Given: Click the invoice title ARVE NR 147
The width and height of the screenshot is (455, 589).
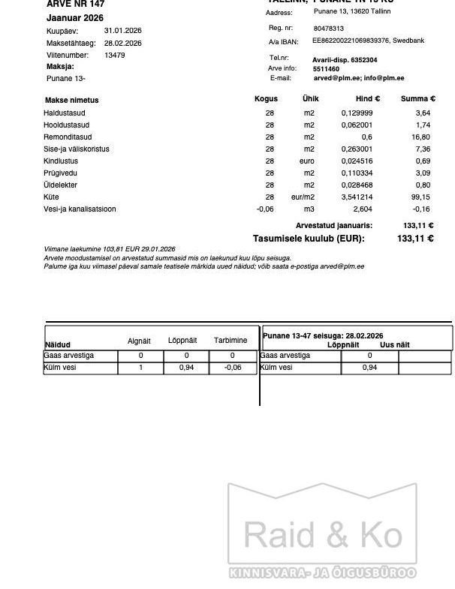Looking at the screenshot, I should click(75, 5).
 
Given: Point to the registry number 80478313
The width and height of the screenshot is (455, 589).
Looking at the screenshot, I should click(328, 29).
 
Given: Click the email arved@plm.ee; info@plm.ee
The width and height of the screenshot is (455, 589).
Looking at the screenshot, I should click(358, 78).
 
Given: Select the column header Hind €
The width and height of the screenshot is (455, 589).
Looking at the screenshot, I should click(367, 99).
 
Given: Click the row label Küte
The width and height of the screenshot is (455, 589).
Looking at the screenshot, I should click(51, 197).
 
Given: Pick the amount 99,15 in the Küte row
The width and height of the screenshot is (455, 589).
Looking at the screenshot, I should click(420, 197).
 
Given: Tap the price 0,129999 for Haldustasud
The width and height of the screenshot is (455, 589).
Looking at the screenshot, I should click(357, 113).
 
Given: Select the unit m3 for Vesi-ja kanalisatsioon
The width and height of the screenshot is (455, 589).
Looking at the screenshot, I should click(309, 209).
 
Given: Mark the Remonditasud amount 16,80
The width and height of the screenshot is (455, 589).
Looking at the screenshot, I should click(420, 137).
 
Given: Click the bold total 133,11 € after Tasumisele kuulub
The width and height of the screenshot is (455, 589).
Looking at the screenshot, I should click(415, 239).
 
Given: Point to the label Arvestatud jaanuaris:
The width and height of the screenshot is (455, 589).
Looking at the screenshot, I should click(333, 225).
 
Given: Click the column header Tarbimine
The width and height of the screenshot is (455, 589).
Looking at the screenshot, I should click(231, 341).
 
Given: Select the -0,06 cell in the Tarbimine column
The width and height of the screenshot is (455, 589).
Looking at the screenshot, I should click(232, 368).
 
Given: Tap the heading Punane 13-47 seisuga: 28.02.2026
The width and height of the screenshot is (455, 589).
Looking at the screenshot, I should click(323, 335).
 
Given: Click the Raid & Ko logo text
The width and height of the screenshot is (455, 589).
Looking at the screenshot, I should click(323, 536).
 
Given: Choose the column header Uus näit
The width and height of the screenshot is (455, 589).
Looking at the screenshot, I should click(395, 344).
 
